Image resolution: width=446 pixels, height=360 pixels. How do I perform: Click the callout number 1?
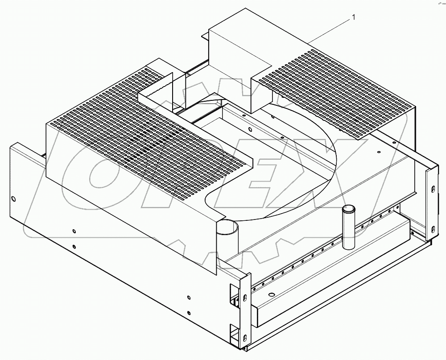point(354,17)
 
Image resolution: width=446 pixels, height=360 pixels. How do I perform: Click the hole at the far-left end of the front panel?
point(14,198)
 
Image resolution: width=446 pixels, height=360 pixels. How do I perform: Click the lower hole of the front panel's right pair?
point(189,313)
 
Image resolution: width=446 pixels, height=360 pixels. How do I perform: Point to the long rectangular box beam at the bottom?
point(330,277)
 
